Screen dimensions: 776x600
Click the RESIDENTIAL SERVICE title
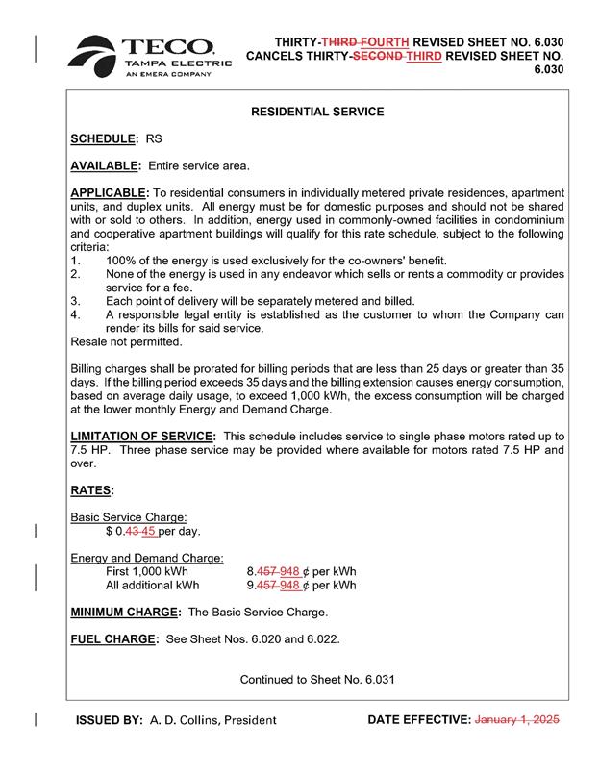(x=317, y=113)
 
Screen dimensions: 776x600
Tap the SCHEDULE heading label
(x=105, y=139)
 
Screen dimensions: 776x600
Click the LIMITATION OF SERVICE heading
(x=143, y=437)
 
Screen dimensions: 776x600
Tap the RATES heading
(x=92, y=490)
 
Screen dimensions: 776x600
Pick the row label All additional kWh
(x=152, y=585)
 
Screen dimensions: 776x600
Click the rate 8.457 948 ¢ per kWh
(x=301, y=571)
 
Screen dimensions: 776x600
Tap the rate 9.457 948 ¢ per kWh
(x=301, y=585)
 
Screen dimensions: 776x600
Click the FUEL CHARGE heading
(x=112, y=638)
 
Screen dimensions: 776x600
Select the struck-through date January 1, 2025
(x=517, y=719)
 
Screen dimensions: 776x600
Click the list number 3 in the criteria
(x=75, y=301)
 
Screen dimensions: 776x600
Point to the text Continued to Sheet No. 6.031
(x=317, y=680)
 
